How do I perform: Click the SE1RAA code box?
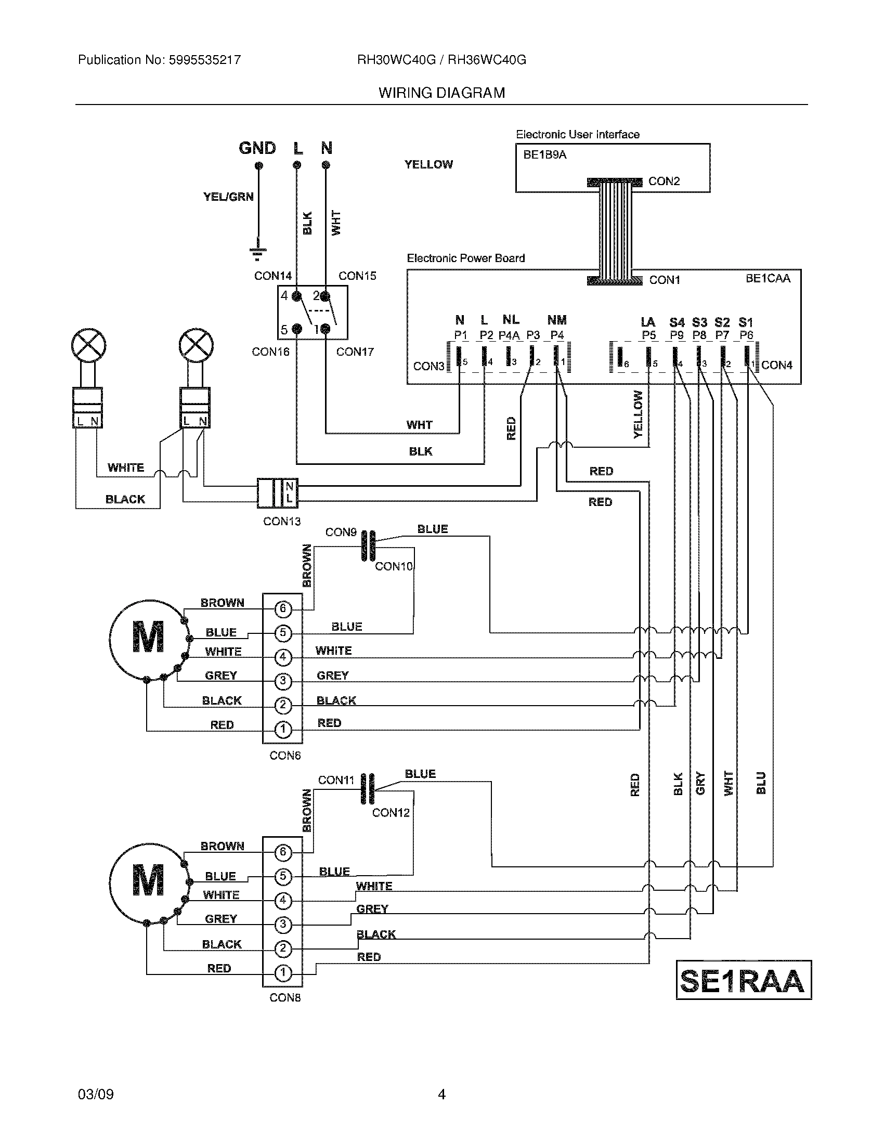[x=743, y=980]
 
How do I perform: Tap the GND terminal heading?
[x=257, y=148]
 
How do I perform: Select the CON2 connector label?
[x=664, y=181]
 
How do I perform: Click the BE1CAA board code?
[x=768, y=278]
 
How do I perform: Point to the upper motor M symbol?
[x=148, y=637]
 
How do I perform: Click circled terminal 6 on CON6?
[x=283, y=608]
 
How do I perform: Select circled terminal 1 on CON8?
[x=283, y=973]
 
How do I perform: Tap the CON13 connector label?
[x=282, y=521]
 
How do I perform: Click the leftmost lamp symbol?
[x=88, y=346]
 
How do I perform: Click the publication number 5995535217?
[x=204, y=60]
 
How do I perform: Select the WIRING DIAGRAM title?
[x=441, y=93]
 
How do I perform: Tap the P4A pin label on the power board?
[x=509, y=335]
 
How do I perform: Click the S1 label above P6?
[x=745, y=322]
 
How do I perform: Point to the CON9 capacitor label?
[x=341, y=532]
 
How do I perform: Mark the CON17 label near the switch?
[x=355, y=352]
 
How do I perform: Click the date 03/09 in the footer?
[x=95, y=1094]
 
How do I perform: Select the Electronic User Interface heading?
[x=577, y=135]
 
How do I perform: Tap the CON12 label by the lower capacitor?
[x=391, y=812]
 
